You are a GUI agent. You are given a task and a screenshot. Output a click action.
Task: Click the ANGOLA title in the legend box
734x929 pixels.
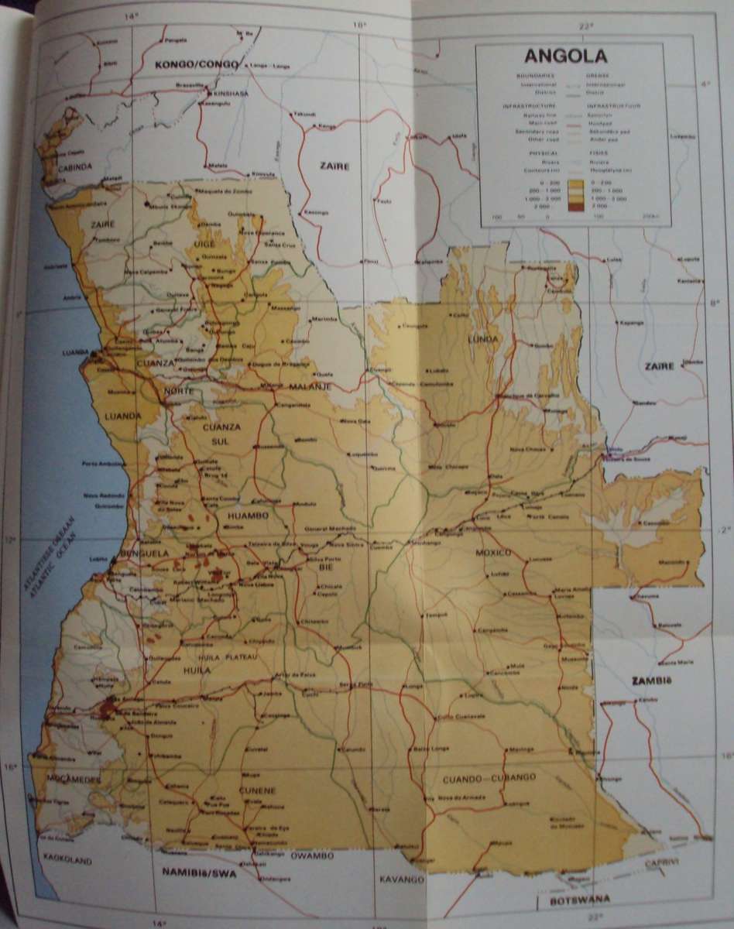565,57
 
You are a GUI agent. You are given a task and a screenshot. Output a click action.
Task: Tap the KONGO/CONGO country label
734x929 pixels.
186,65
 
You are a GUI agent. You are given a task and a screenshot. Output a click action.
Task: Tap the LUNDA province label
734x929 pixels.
482,340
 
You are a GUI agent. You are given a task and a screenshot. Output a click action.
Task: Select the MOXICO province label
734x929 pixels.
494,553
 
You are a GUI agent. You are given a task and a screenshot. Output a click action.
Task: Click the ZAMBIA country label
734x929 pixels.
649,681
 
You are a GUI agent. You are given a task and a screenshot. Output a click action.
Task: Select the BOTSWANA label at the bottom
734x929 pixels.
574,899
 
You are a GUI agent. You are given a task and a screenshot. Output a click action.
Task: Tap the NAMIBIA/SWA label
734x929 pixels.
197,873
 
